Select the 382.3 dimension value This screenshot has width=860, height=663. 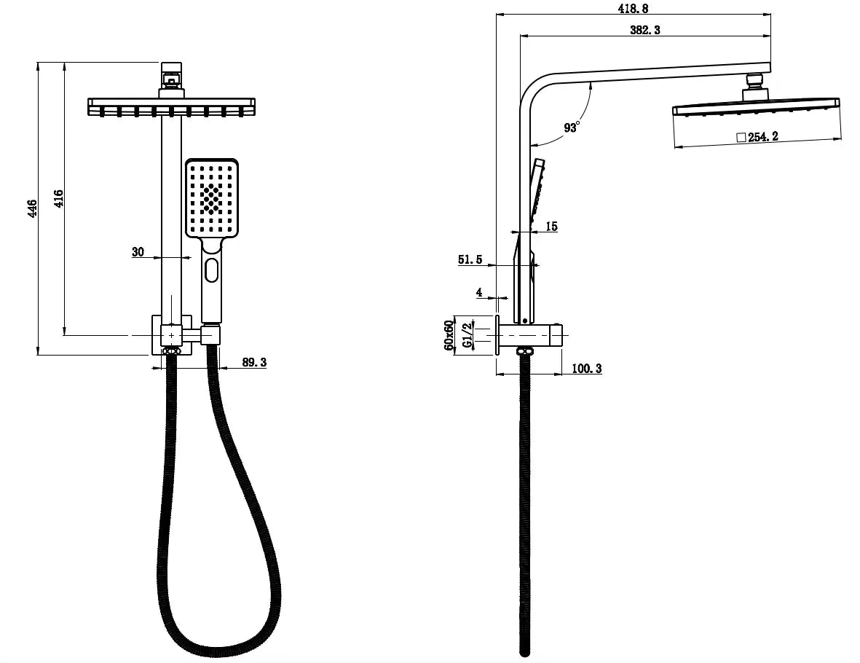tap(645, 30)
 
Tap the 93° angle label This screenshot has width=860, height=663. tap(571, 127)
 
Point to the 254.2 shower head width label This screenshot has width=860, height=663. tap(763, 137)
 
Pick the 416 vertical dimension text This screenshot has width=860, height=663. tap(59, 199)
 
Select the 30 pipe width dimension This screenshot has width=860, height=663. tap(138, 252)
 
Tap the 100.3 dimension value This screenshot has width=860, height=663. tap(586, 369)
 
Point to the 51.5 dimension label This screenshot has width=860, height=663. tap(470, 259)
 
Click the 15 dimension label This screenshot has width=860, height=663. tap(551, 227)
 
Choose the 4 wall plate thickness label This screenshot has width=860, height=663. tap(479, 292)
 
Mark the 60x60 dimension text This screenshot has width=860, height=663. tap(449, 334)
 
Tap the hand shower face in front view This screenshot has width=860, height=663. tap(212, 198)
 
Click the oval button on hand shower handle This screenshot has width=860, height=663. tap(211, 270)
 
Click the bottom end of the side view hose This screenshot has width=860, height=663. tap(524, 651)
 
